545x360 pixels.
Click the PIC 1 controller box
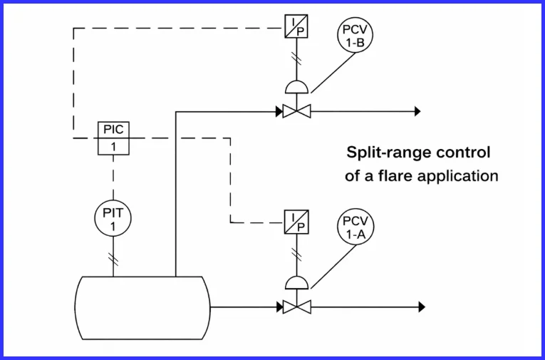112,138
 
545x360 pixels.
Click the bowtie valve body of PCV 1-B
293,111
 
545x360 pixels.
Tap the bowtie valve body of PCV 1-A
293,307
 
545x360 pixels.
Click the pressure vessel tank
142,307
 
